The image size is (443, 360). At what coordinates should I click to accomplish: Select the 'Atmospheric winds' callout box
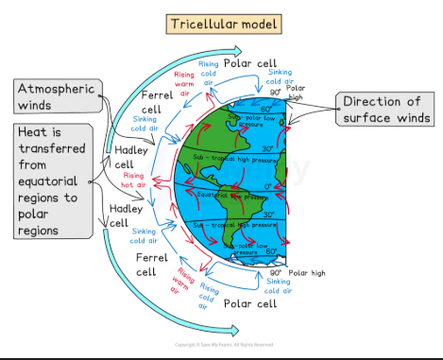pos(55,96)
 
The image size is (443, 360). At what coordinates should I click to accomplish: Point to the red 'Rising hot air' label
pos(134,180)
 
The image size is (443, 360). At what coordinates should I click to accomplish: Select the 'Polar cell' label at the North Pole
pos(249,62)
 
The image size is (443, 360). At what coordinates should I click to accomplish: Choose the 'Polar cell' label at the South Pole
pos(248,303)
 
